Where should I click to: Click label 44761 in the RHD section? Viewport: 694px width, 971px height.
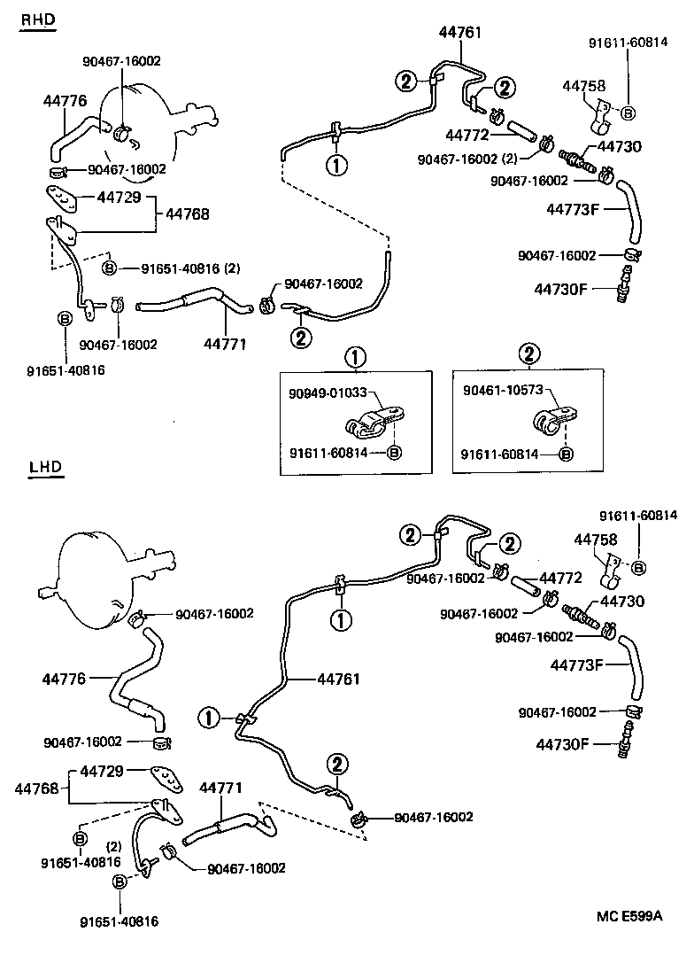point(460,33)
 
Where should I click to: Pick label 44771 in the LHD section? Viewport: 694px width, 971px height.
point(220,787)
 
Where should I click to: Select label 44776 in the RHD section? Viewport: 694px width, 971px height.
point(65,101)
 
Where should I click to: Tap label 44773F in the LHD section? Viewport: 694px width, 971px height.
point(574,664)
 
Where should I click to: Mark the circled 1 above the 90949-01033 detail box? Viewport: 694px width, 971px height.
point(354,358)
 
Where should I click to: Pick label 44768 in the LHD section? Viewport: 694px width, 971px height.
point(36,788)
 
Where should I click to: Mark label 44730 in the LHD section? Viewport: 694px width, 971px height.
point(621,601)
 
